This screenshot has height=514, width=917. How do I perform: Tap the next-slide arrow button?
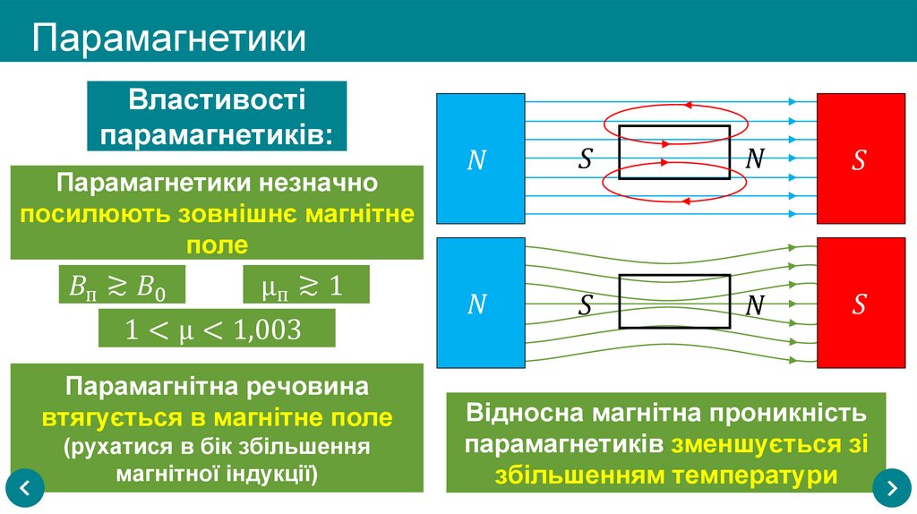click(891, 487)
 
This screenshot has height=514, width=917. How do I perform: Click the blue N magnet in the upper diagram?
click(479, 159)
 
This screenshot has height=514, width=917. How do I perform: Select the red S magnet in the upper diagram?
click(859, 159)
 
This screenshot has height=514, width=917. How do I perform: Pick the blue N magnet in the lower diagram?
click(479, 304)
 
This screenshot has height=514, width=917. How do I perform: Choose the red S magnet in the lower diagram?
click(859, 304)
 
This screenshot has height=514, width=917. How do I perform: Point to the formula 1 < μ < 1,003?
click(216, 329)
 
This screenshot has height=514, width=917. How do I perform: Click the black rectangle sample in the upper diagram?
click(674, 152)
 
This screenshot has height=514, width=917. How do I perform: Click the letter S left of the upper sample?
click(586, 158)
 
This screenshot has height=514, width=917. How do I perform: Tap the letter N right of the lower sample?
click(755, 304)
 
